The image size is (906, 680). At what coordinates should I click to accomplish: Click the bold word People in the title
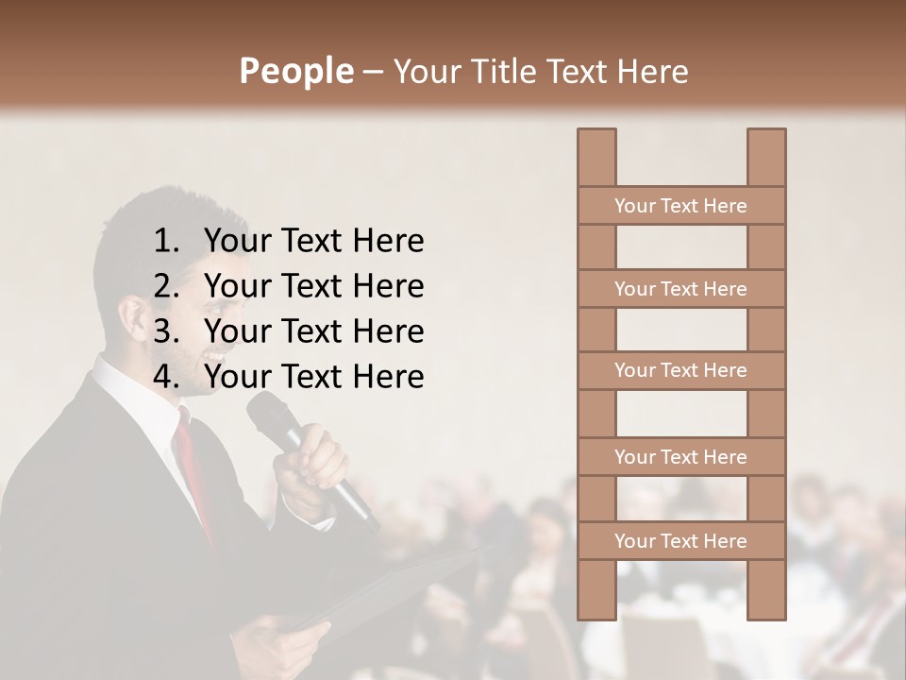point(295,71)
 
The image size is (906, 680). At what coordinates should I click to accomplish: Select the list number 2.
point(165,286)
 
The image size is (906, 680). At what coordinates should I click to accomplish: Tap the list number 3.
point(165,331)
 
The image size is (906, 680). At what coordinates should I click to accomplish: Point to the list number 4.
point(165,377)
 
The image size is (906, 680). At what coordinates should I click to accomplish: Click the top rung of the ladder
point(680,206)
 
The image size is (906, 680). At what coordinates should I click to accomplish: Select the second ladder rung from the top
point(680,289)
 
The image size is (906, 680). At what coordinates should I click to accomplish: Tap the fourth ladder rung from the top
point(680,457)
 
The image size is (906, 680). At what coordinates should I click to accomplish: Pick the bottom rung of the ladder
point(680,541)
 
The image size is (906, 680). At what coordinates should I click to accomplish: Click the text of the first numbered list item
point(313,242)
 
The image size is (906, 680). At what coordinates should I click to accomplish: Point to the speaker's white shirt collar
point(142,397)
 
